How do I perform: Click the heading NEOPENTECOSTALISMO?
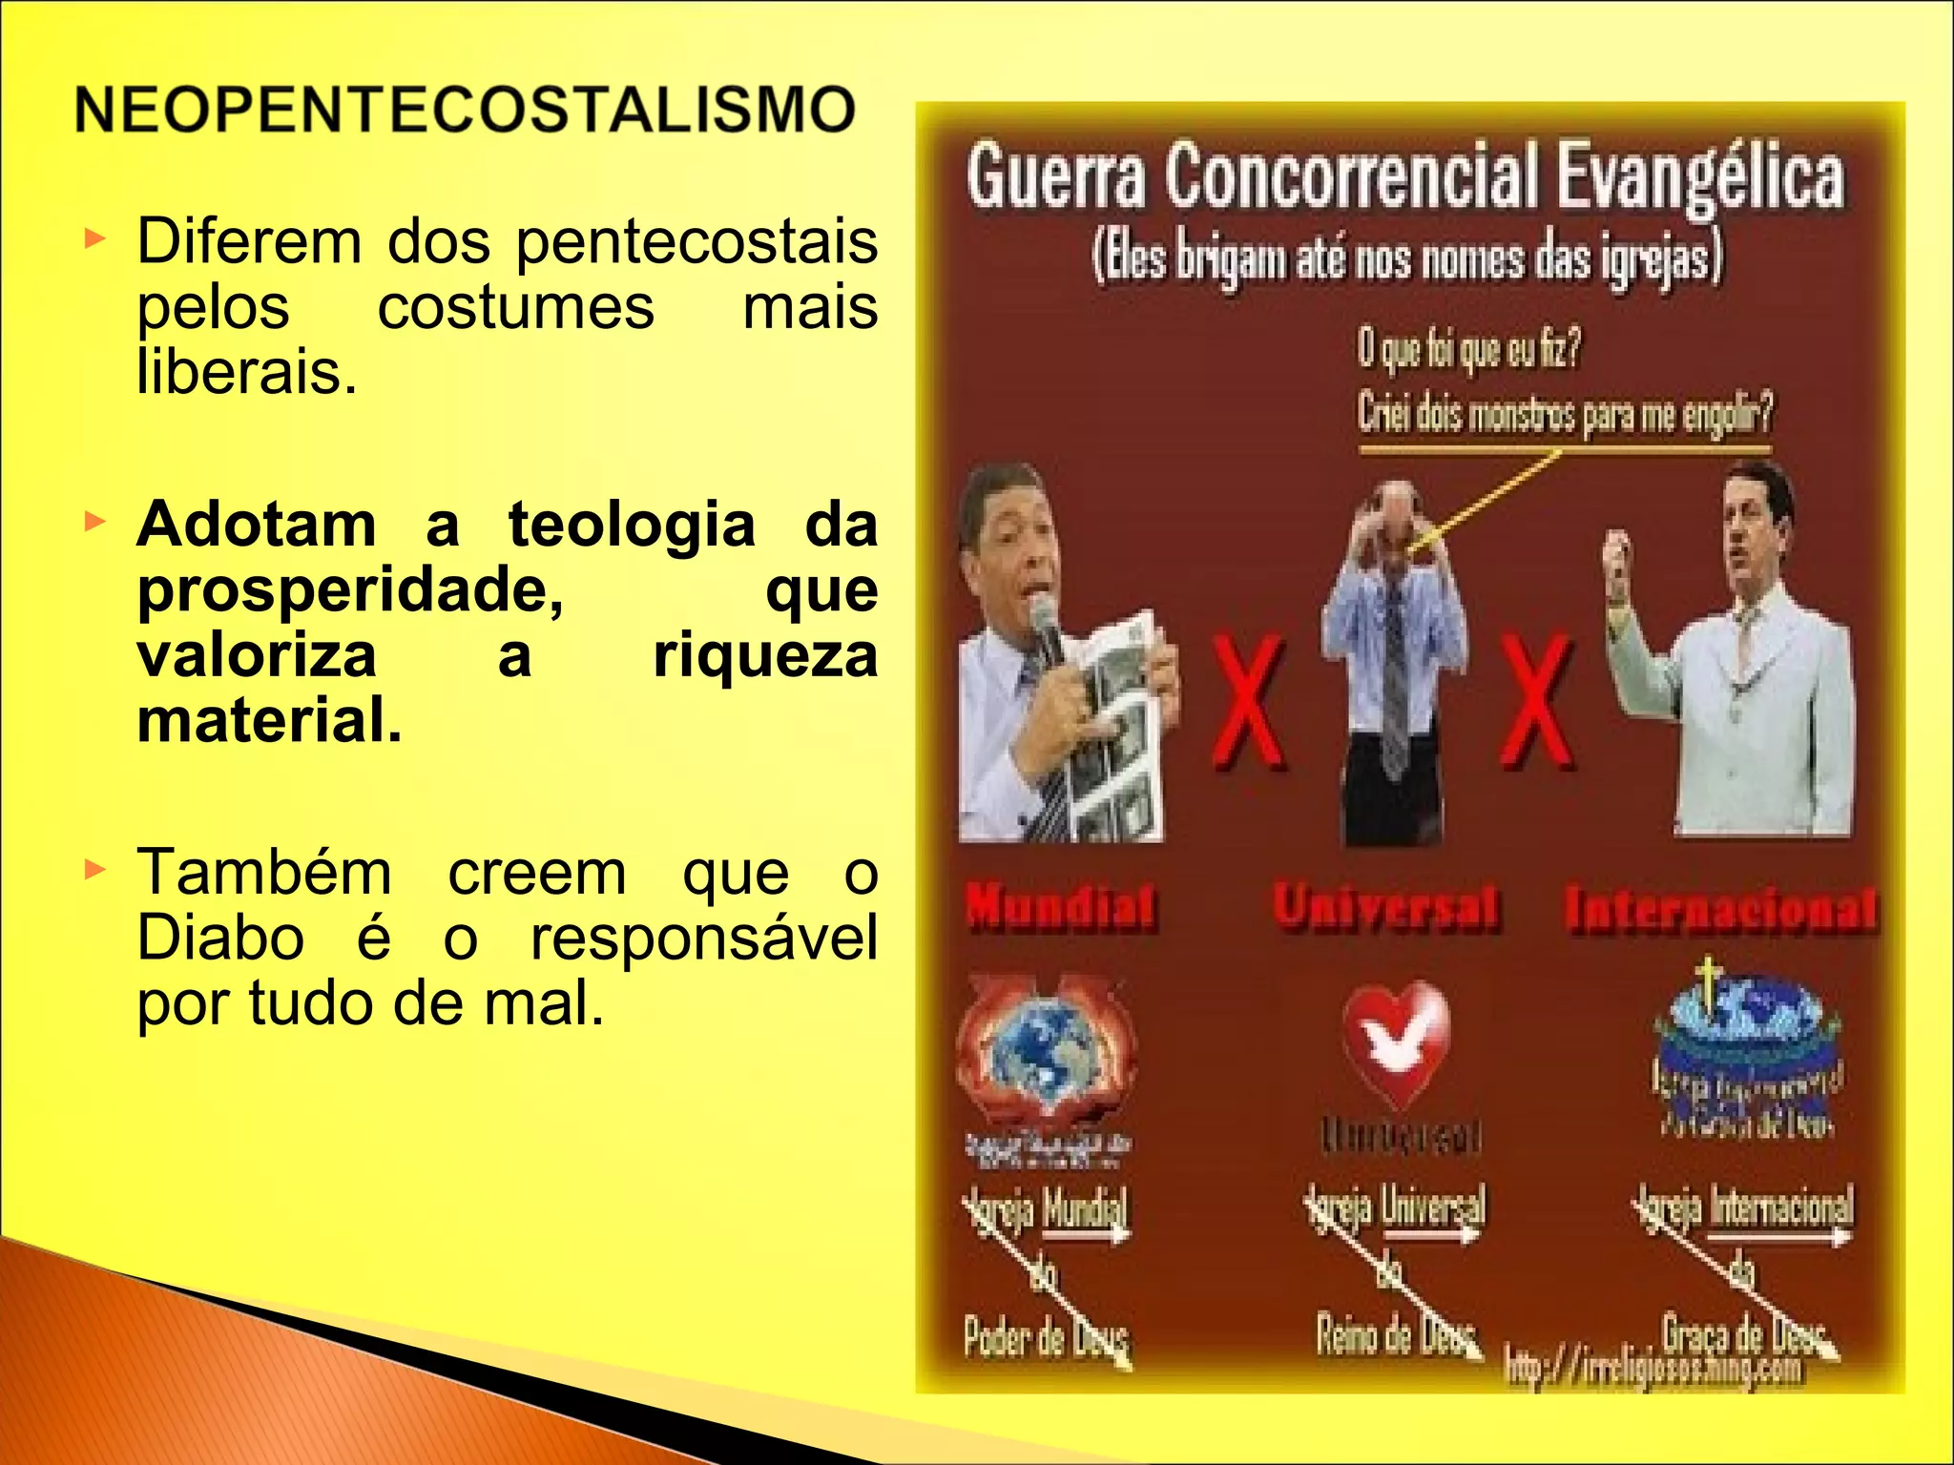pos(465,110)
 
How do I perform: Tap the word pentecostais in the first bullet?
pos(696,241)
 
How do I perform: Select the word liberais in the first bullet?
pos(246,371)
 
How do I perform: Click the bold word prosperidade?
pos(350,590)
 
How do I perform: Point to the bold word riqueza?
pos(764,656)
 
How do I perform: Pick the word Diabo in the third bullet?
pos(220,938)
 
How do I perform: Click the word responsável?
pos(703,938)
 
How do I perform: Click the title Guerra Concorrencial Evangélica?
pos(1404,176)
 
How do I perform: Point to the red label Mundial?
pos(1060,905)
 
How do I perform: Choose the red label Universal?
pos(1385,905)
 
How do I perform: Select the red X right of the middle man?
pos(1535,701)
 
